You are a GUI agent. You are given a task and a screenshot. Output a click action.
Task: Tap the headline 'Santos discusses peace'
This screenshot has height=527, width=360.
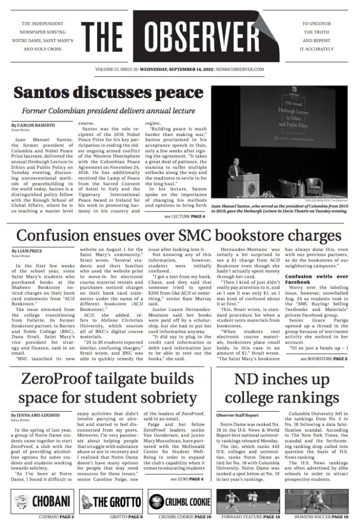tap(101, 93)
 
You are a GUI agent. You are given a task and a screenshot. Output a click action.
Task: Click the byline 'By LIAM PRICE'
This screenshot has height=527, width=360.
tap(27, 251)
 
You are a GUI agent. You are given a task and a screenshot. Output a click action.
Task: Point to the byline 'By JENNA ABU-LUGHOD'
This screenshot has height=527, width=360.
tap(36, 415)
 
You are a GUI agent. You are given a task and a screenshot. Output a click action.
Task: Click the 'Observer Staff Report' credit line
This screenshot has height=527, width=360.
tap(237, 415)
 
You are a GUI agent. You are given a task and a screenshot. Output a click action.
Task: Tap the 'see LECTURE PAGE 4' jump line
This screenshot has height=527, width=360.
tap(184, 217)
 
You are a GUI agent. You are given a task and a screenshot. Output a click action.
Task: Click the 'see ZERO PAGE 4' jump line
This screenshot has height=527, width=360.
tap(187, 479)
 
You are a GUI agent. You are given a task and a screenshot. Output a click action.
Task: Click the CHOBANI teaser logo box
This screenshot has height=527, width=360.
tap(42, 501)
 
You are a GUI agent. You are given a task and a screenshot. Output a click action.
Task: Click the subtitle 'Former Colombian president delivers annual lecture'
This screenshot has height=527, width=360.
tap(106, 111)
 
